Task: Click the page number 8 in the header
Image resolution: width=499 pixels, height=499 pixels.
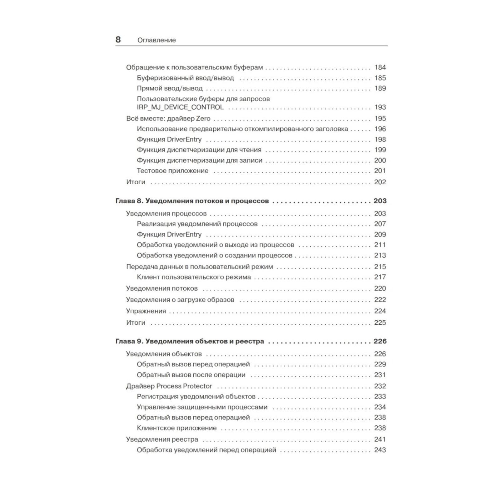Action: tap(118, 40)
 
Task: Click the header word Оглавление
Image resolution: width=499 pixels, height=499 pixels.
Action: tap(157, 40)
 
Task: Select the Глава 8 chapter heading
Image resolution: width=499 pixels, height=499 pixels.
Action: tap(192, 201)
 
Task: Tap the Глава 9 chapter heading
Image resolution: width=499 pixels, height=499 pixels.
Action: tap(190, 342)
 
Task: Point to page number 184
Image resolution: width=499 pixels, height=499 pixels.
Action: tap(380, 67)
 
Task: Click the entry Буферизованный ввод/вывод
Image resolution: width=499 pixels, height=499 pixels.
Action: tap(185, 78)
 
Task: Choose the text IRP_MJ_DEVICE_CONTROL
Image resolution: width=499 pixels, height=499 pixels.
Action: tap(180, 107)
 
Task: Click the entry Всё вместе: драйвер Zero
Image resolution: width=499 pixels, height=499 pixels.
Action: tap(168, 119)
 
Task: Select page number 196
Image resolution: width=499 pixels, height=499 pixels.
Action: tap(380, 129)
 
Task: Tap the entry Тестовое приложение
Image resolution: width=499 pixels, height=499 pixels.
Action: tap(172, 171)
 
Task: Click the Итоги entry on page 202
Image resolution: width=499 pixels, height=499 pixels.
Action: tap(136, 182)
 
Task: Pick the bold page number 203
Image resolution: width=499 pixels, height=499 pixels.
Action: tap(380, 201)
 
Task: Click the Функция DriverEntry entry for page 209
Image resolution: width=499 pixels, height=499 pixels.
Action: tap(169, 235)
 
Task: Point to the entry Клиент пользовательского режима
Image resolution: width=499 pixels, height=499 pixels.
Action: tap(194, 277)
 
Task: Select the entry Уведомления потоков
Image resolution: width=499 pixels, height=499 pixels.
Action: tap(162, 288)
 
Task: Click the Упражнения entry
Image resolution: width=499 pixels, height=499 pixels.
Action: tap(146, 311)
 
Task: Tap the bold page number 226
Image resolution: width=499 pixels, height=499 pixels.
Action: tap(380, 342)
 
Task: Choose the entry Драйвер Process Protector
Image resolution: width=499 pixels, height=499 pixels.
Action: tap(169, 386)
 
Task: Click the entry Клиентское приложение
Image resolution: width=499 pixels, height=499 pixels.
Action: tap(177, 428)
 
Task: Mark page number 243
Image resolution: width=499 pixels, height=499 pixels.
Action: tap(380, 450)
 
